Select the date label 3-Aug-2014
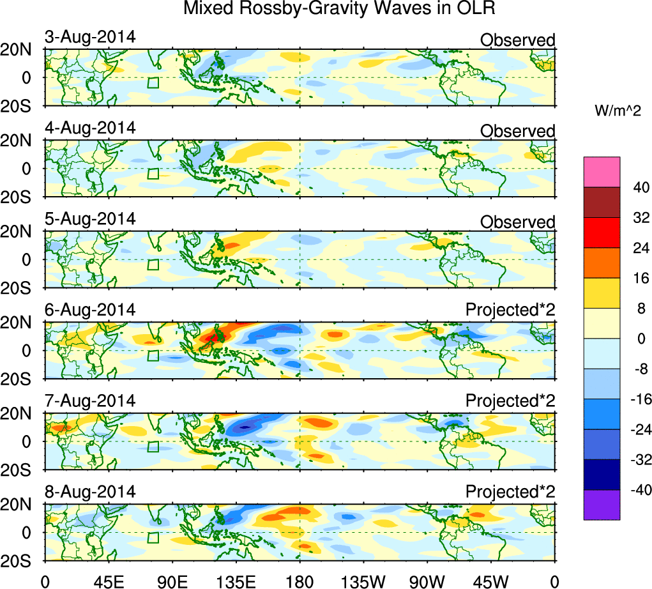pos(90,36)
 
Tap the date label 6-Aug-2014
pos(90,310)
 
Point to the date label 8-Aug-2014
pos(90,492)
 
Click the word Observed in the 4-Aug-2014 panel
pos(517,131)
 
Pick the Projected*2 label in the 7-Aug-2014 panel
pos(510,401)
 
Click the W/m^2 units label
pos(617,111)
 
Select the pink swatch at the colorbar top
pos(602,172)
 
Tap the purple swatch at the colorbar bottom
pos(602,505)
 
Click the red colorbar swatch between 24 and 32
pos(602,233)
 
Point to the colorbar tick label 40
pos(639,187)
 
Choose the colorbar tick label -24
pos(637,429)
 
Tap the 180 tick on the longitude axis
pos(299,581)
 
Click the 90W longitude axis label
pos(427,581)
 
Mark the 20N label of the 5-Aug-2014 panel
pos(22,233)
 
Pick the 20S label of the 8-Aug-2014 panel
pos(22,560)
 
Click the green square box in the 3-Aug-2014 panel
pos(153,82)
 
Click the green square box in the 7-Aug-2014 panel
pos(153,447)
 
